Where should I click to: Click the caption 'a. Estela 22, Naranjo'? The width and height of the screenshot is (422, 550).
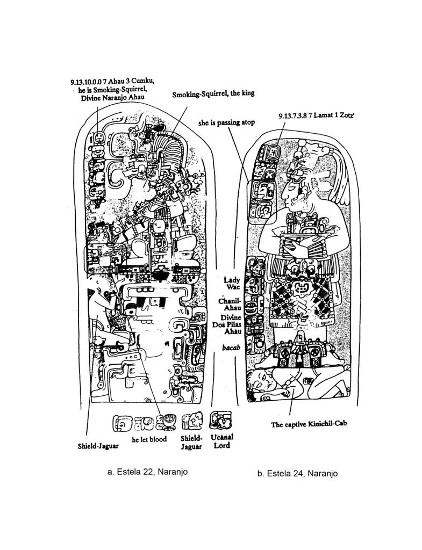[147, 472]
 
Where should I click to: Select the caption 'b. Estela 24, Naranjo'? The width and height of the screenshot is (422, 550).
[297, 474]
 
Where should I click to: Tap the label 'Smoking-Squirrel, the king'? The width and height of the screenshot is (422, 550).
[213, 93]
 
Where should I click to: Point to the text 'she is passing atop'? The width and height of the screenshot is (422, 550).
[226, 122]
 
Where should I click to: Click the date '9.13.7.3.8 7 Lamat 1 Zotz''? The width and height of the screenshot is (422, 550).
[316, 116]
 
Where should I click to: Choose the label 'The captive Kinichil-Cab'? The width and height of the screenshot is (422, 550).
[309, 424]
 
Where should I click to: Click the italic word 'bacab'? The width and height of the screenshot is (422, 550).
[231, 348]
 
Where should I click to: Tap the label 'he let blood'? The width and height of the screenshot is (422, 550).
[149, 439]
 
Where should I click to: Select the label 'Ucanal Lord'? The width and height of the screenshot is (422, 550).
[222, 442]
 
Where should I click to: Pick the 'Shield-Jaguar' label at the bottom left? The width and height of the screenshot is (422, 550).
[98, 446]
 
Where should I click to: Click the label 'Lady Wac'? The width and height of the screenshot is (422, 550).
[232, 284]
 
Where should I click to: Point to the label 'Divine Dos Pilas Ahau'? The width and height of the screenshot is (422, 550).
[227, 324]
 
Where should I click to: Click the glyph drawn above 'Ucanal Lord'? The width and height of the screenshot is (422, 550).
[220, 420]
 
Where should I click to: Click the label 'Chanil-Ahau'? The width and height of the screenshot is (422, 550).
[230, 304]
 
